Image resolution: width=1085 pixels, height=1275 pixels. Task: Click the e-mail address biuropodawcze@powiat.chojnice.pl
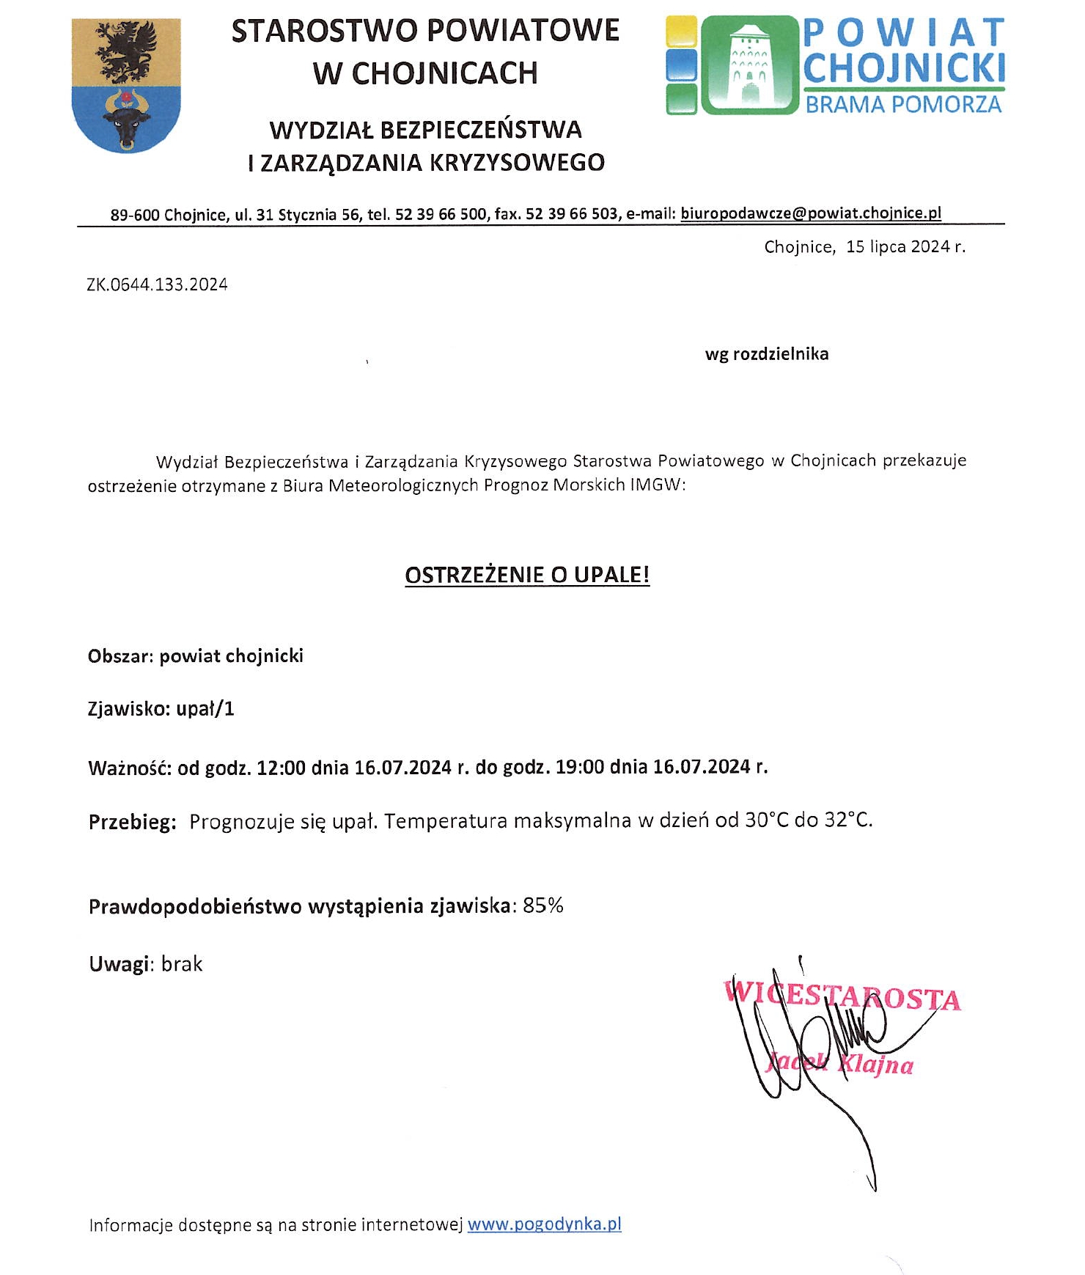(811, 213)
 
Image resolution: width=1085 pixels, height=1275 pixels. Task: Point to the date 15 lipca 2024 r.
(905, 247)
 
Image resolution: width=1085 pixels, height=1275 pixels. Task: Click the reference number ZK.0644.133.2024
(157, 284)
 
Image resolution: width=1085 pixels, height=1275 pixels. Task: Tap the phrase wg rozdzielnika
(767, 354)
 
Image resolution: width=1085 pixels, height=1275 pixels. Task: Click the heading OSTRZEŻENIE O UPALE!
(527, 575)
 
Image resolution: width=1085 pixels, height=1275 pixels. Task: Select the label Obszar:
(120, 656)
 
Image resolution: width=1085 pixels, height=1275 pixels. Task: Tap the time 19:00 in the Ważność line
(580, 768)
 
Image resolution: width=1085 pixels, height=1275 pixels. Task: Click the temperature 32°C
(848, 820)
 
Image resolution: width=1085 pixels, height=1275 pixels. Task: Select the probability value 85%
(543, 906)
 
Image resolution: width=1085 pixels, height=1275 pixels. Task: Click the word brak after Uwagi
(182, 964)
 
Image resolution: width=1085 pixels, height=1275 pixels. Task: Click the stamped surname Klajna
(875, 1064)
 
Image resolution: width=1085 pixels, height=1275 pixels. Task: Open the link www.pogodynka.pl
(544, 1224)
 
